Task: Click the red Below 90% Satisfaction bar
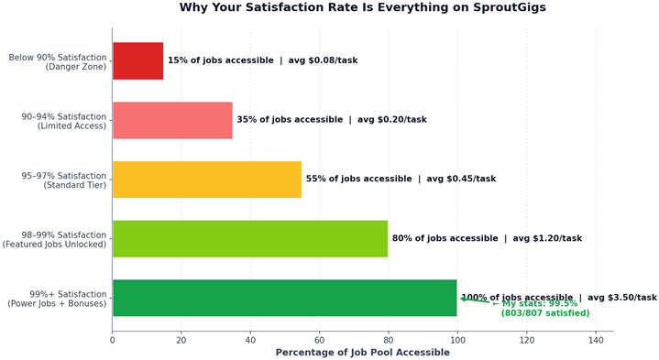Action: pyautogui.click(x=137, y=60)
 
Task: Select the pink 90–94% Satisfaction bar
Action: pyautogui.click(x=172, y=120)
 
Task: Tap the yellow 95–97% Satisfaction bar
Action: pyautogui.click(x=207, y=180)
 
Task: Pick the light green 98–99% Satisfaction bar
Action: pyautogui.click(x=250, y=238)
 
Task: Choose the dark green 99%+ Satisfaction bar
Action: pyautogui.click(x=284, y=298)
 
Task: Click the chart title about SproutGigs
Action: pyautogui.click(x=362, y=7)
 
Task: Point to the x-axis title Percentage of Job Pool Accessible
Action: pyautogui.click(x=362, y=353)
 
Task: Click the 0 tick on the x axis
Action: pyautogui.click(x=112, y=340)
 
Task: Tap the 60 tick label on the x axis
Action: pyautogui.click(x=319, y=340)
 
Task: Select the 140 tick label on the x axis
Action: pyautogui.click(x=596, y=340)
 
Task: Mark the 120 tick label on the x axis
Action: pyautogui.click(x=526, y=340)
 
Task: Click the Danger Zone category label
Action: pyautogui.click(x=76, y=67)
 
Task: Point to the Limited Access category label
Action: pyautogui.click(x=71, y=126)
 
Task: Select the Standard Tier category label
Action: pyautogui.click(x=75, y=185)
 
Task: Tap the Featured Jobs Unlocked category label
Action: pyautogui.click(x=54, y=245)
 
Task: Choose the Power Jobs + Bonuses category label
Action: pyautogui.click(x=57, y=304)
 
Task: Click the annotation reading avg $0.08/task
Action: pyautogui.click(x=323, y=60)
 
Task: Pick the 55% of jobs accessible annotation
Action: pyautogui.click(x=358, y=179)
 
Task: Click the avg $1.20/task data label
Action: pyautogui.click(x=547, y=238)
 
